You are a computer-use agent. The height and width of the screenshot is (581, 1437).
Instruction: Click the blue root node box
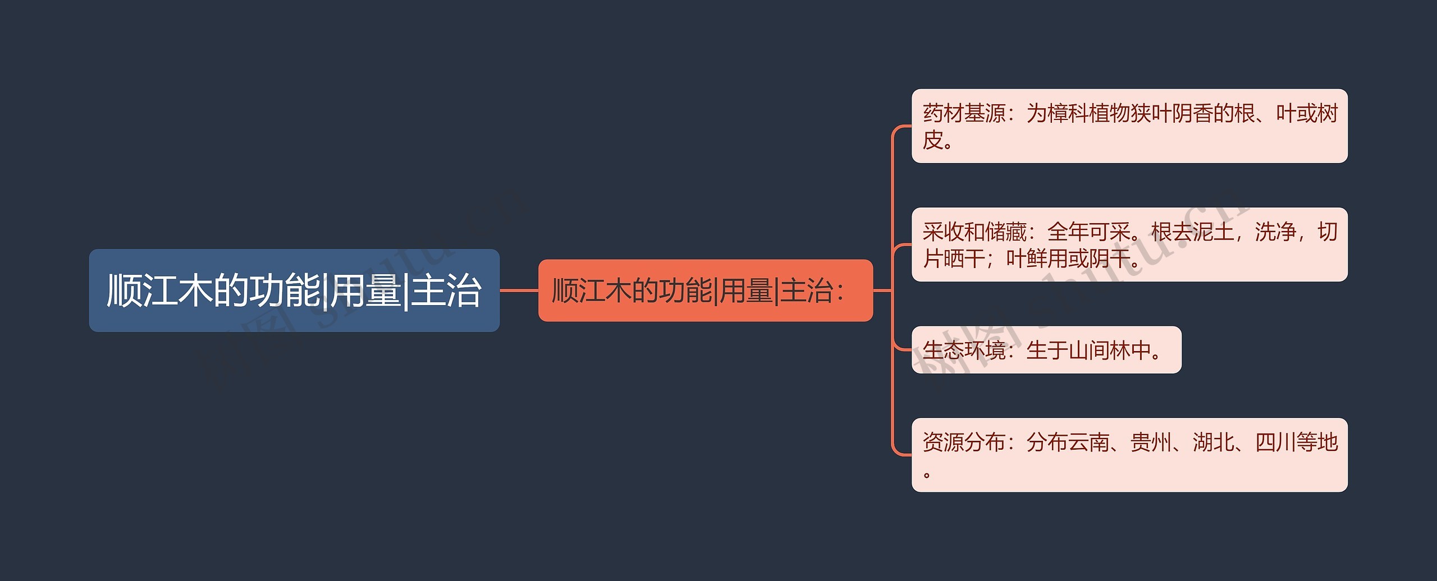(x=294, y=290)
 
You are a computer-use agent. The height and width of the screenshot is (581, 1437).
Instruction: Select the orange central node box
(x=705, y=290)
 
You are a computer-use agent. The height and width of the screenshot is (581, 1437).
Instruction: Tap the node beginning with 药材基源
(x=1129, y=126)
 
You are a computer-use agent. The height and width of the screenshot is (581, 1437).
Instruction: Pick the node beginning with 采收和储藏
(x=1129, y=245)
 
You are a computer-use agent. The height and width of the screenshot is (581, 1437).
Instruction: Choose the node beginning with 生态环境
(x=1046, y=350)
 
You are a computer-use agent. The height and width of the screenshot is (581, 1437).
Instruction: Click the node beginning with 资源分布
(x=1129, y=455)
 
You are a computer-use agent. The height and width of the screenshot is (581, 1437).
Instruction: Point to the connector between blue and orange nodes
(x=519, y=290)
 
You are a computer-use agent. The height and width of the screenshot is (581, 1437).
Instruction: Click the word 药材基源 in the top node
(x=964, y=114)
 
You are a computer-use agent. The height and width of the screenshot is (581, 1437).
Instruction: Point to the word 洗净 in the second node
(x=1275, y=232)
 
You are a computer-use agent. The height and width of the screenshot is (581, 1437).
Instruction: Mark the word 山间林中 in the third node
(x=1109, y=351)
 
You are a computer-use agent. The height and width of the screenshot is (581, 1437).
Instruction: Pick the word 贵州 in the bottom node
(x=1151, y=442)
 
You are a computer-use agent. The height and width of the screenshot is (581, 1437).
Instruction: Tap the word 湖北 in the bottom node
(x=1213, y=442)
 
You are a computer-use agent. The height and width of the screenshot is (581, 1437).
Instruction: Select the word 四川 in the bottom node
(x=1275, y=442)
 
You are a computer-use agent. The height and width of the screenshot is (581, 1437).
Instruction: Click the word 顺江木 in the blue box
(x=159, y=290)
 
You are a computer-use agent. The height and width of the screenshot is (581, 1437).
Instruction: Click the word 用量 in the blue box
(x=365, y=290)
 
